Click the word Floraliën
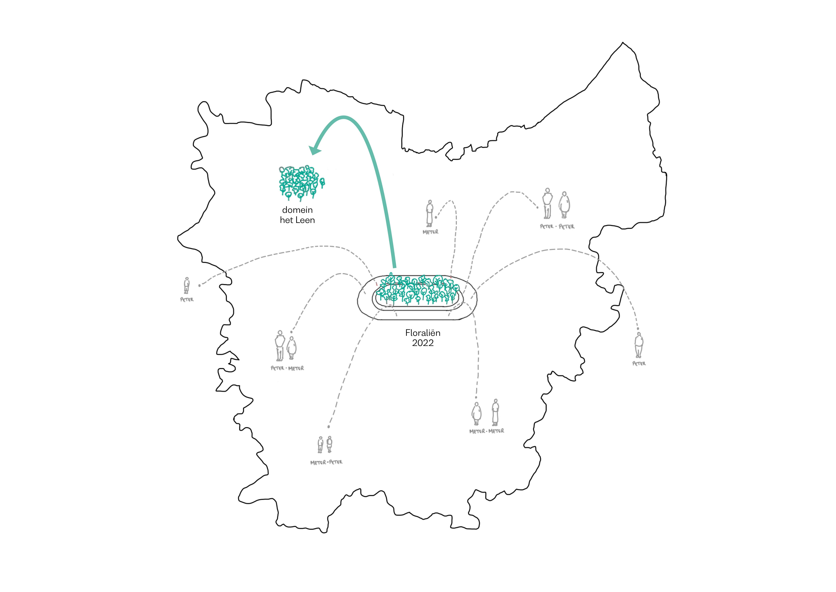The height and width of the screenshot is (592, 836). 423,333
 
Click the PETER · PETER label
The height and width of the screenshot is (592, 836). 557,226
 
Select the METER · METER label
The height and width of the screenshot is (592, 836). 487,431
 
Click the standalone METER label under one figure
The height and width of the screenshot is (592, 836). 430,232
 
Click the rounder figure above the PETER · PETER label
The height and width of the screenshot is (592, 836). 564,205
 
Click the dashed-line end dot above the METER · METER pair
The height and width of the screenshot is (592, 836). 476,397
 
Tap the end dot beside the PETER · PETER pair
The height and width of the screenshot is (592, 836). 537,208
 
